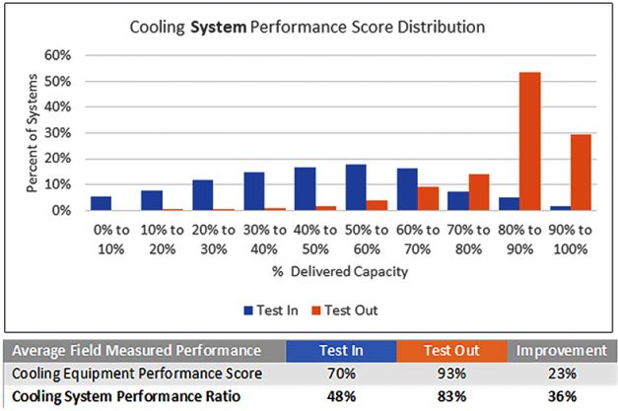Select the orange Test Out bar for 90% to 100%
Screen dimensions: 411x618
tap(580, 172)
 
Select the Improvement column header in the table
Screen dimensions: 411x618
tap(561, 350)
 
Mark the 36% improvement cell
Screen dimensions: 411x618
tap(561, 398)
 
